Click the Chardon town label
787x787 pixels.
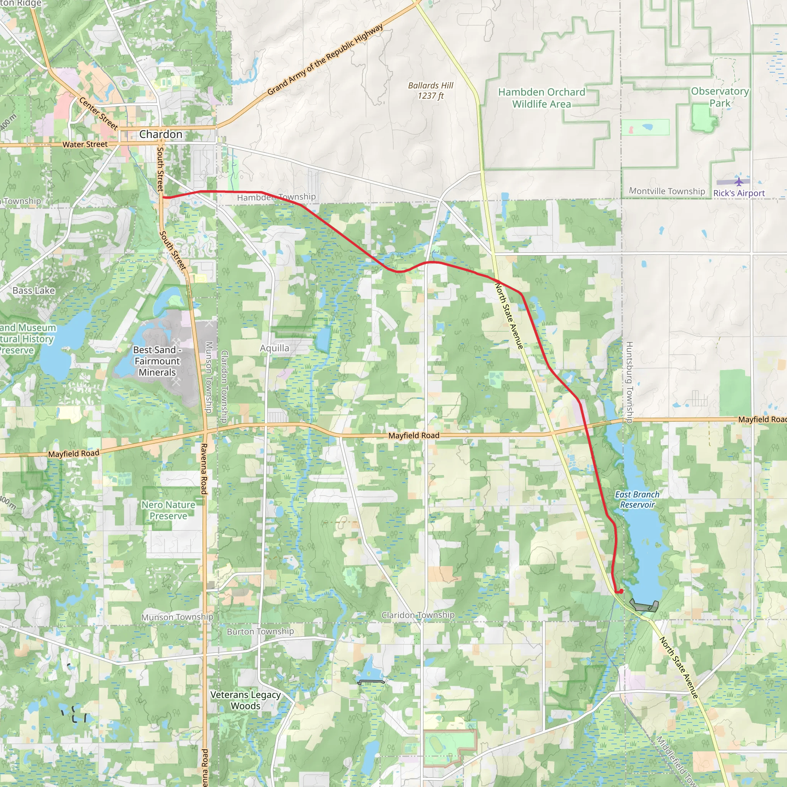(161, 134)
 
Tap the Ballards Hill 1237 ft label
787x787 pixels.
(430, 90)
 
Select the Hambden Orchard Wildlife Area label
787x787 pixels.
(541, 98)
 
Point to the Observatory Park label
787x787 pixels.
(720, 97)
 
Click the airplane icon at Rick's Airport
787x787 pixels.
(739, 181)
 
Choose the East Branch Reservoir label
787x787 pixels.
(637, 500)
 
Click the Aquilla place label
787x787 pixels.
(274, 348)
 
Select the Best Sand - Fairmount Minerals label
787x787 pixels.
(157, 361)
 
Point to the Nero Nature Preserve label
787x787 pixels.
(168, 510)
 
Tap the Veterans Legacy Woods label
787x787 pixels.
(246, 700)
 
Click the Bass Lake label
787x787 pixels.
(33, 291)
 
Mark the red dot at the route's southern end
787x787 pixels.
(621, 591)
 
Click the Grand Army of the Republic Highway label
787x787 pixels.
(325, 60)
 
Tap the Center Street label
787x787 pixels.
(99, 113)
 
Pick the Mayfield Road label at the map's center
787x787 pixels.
(413, 435)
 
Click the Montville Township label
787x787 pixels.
(667, 191)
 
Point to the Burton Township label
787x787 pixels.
(260, 631)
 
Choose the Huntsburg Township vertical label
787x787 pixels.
(629, 382)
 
